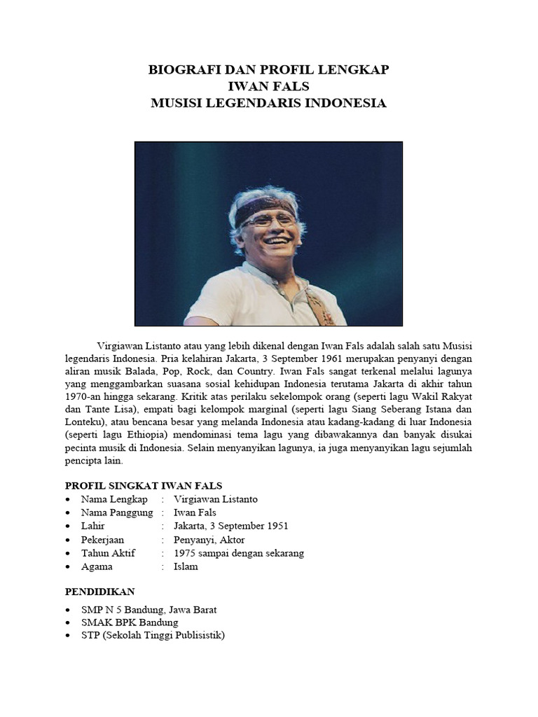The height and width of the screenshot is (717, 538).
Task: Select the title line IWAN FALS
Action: pyautogui.click(x=269, y=87)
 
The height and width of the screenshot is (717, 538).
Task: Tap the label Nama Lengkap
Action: pyautogui.click(x=114, y=499)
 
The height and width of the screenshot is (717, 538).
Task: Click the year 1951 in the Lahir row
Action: pyautogui.click(x=275, y=526)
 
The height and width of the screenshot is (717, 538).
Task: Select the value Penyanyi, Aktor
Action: pyautogui.click(x=209, y=539)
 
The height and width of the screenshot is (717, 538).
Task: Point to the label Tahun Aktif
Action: pyautogui.click(x=108, y=552)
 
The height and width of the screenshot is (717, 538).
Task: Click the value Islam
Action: pyautogui.click(x=186, y=566)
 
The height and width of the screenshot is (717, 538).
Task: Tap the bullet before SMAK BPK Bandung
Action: pyautogui.click(x=67, y=622)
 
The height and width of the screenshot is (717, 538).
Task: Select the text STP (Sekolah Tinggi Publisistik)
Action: pyautogui.click(x=153, y=636)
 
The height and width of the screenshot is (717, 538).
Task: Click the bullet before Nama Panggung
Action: pyautogui.click(x=67, y=513)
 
